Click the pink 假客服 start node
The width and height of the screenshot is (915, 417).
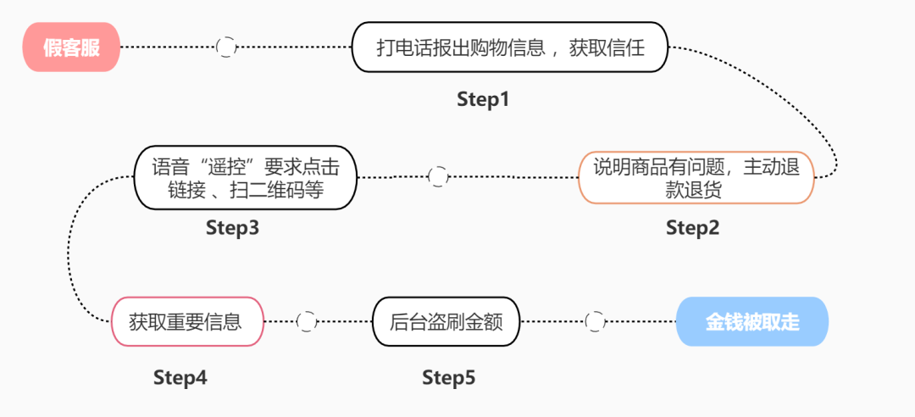(x=71, y=47)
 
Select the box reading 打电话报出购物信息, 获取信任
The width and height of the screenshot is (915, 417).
(x=510, y=47)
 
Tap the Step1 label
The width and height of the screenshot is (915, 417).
(x=483, y=99)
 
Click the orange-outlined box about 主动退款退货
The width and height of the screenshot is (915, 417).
(x=696, y=178)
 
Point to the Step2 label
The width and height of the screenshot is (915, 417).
(x=692, y=227)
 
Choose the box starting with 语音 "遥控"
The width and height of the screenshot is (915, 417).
(x=245, y=177)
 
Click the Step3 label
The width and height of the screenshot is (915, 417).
(x=232, y=227)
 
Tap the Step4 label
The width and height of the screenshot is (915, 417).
(x=180, y=377)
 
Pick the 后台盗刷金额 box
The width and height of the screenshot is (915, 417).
(x=446, y=321)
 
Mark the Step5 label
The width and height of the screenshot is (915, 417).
(x=449, y=377)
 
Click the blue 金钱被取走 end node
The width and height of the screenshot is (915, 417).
(x=752, y=321)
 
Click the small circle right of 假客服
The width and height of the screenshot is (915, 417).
(x=226, y=47)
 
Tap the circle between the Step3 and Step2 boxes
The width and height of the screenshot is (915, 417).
(x=438, y=176)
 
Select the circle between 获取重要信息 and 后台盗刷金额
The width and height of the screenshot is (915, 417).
(x=307, y=321)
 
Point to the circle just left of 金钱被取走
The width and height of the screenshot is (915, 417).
(x=596, y=321)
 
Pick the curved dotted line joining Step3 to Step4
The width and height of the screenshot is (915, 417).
(x=69, y=254)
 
